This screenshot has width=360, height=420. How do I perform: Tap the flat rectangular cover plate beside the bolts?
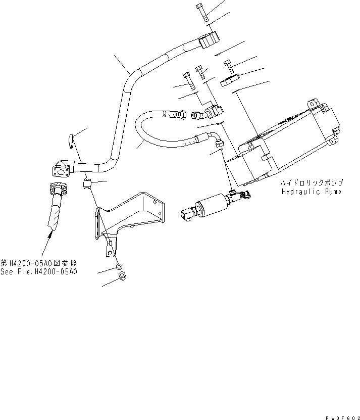coord(229,81)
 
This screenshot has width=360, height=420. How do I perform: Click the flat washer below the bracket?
coord(118,267)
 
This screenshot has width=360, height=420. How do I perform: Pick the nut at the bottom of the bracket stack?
coord(122,276)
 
